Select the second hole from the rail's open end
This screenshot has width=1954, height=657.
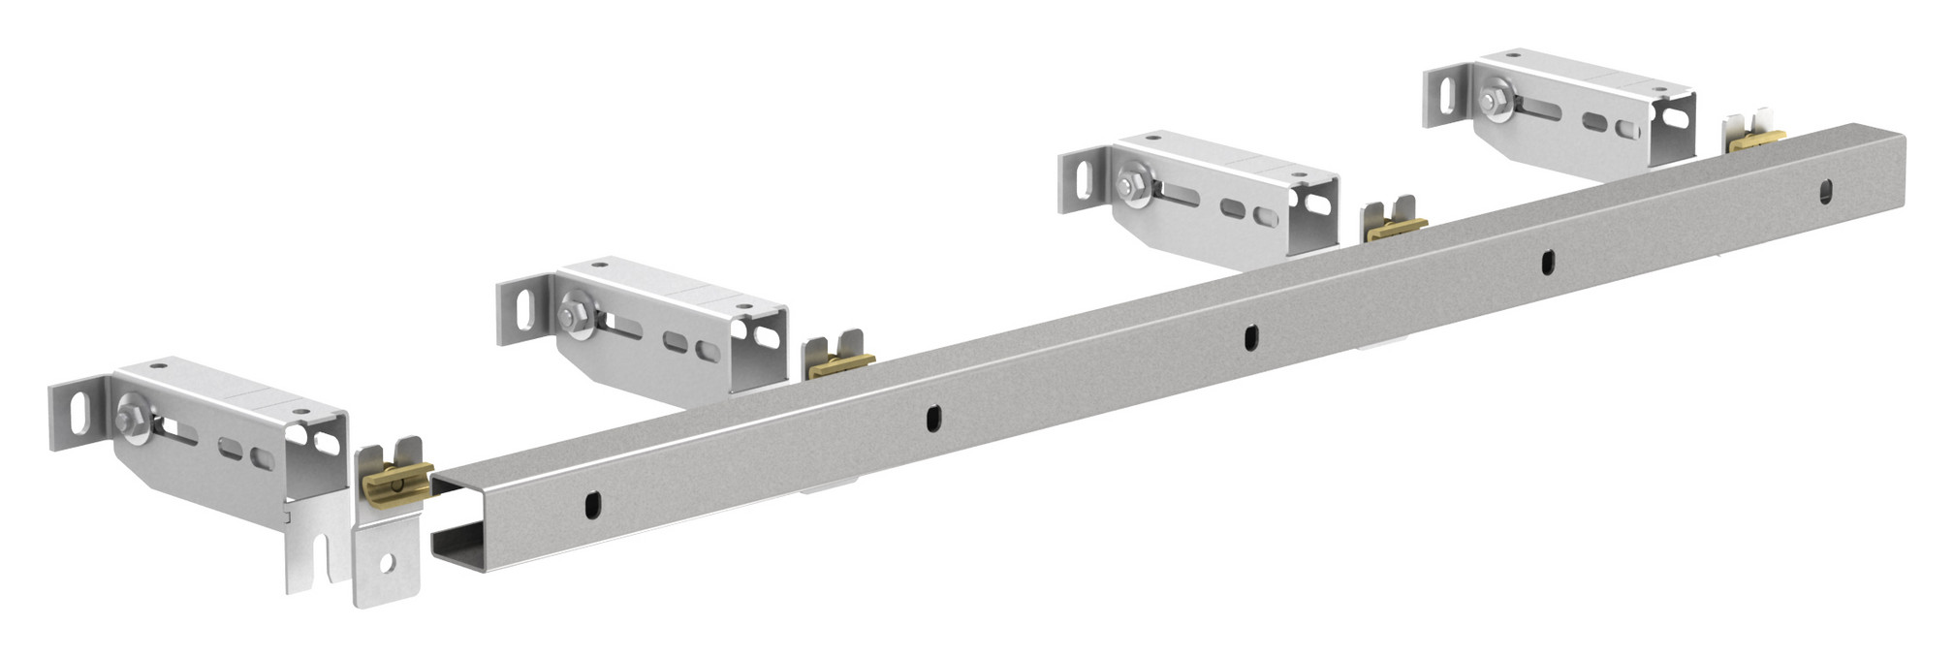[932, 418]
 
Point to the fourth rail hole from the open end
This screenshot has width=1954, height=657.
[1547, 261]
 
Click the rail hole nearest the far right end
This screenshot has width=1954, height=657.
[1825, 190]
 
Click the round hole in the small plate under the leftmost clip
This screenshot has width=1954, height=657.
[387, 563]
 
